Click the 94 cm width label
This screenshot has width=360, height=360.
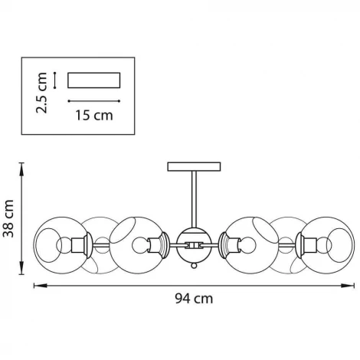pos(192,299)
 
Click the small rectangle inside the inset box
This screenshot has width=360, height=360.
pos(94,80)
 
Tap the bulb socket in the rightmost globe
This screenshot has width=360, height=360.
pos(310,245)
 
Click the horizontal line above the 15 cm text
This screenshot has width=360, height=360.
pos(94,100)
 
